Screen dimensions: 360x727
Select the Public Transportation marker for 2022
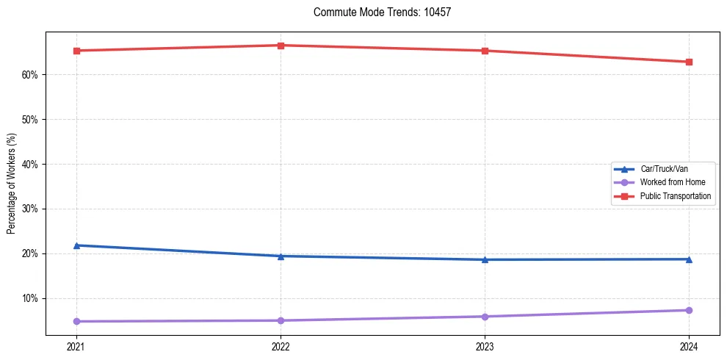[281, 46]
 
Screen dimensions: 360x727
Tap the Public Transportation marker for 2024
[689, 62]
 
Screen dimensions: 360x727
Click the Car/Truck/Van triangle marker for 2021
[76, 245]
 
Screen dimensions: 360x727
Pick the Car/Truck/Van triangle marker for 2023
[485, 259]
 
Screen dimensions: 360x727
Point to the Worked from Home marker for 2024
[689, 310]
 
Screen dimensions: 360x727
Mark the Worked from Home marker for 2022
[281, 320]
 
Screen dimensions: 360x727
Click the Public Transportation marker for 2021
[76, 51]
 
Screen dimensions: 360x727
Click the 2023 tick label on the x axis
[485, 346]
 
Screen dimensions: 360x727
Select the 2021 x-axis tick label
[76, 346]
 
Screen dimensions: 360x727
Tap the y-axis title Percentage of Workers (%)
[12, 184]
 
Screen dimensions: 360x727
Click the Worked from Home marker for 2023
[485, 317]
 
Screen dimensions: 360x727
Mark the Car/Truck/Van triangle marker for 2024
[689, 259]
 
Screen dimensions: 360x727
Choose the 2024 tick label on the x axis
[689, 346]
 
